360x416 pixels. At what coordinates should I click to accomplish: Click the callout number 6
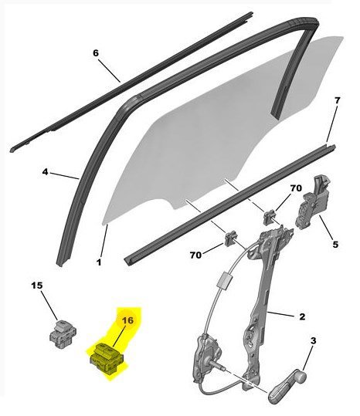tap(96, 53)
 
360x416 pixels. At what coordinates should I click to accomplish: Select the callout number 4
tap(46, 172)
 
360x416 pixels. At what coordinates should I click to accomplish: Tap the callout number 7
tap(337, 100)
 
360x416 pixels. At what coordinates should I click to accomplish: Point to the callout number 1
tap(99, 262)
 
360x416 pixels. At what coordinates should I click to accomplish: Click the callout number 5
tap(335, 245)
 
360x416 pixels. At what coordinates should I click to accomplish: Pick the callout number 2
tap(302, 316)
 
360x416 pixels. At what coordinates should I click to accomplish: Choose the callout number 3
tap(314, 340)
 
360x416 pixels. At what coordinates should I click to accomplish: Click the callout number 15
tap(37, 286)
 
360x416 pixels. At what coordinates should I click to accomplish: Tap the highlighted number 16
tap(127, 320)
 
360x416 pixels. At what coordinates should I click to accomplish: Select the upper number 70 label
tap(296, 188)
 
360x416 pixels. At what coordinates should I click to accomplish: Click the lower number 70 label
tap(195, 255)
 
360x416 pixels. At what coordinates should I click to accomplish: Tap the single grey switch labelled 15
tap(63, 333)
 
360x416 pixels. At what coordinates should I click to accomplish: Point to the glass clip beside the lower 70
tap(231, 238)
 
